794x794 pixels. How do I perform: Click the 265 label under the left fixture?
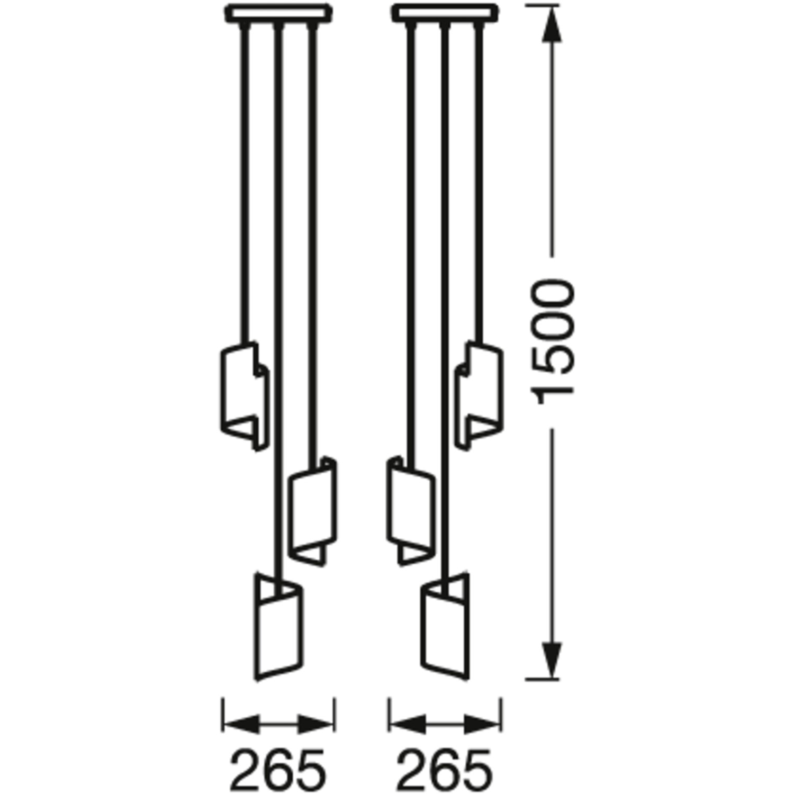click(278, 769)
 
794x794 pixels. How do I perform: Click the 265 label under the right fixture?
click(445, 769)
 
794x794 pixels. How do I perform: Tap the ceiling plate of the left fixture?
click(279, 13)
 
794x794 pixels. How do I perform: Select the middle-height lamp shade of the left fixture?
click(312, 511)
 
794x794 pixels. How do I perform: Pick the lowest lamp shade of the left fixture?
click(279, 627)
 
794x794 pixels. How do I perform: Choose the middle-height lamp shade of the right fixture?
click(411, 511)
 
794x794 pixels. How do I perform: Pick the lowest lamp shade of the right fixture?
click(445, 627)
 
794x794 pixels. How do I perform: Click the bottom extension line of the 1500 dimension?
click(543, 679)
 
